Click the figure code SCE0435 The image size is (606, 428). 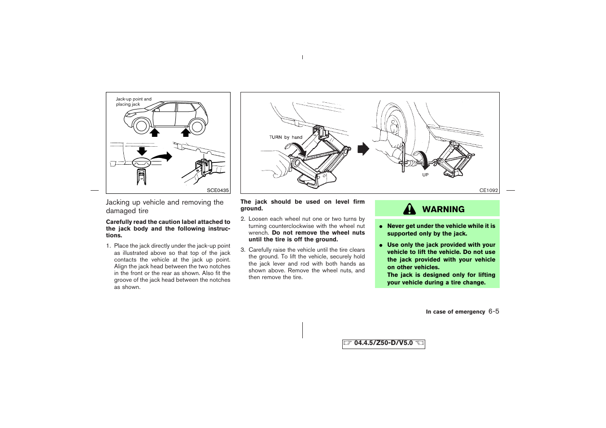[218, 190]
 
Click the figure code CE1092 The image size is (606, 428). [488, 190]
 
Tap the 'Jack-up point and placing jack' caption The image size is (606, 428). [134, 101]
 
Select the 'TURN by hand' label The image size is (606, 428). [286, 137]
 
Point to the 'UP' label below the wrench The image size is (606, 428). [425, 175]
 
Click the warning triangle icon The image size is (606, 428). [409, 209]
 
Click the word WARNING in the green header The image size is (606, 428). [443, 209]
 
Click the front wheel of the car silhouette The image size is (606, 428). [142, 126]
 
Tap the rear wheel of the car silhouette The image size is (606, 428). [197, 127]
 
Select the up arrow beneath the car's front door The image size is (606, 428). [155, 131]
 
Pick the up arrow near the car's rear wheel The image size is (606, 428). [185, 131]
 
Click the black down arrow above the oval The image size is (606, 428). [142, 150]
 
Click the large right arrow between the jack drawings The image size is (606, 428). [363, 149]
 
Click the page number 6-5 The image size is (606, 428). [493, 311]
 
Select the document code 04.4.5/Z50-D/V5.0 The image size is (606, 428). [383, 343]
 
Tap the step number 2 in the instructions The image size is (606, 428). [243, 219]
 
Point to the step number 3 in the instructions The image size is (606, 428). [243, 250]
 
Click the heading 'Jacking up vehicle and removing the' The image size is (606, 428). [165, 202]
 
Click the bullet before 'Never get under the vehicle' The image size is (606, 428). [381, 227]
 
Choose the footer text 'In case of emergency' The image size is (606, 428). [455, 312]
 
